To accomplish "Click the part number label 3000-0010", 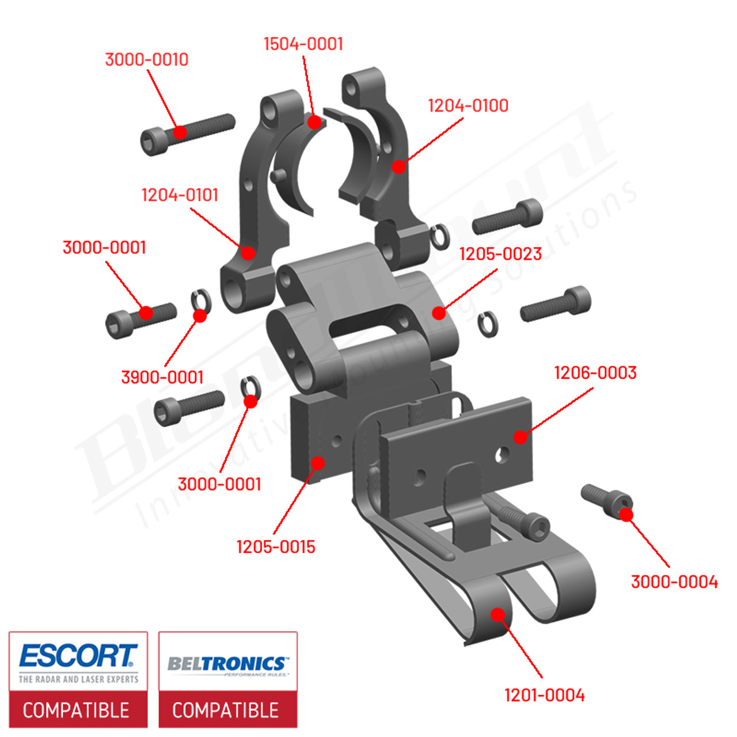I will tap(146, 59).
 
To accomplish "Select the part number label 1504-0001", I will tap(303, 44).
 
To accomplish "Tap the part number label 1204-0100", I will tap(468, 105).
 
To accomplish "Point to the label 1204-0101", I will tap(180, 195).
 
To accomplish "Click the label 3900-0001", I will tap(162, 377).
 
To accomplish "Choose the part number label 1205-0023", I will tap(500, 254).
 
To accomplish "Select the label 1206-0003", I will tap(595, 373).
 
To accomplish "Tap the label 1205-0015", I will tap(276, 546).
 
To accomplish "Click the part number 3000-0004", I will tap(674, 582).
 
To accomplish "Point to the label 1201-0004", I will tap(544, 695).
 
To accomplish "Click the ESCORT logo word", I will tap(78, 656).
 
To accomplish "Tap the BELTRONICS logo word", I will tap(227, 663).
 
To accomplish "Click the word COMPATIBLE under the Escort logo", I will tap(76, 710).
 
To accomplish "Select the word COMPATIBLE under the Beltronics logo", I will tap(226, 710).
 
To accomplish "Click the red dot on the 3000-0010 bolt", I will tap(180, 132).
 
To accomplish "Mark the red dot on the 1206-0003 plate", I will tap(520, 437).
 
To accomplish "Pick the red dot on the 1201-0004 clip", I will tap(497, 614).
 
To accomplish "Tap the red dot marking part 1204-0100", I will tap(398, 167).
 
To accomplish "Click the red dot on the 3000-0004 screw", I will tap(626, 514).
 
